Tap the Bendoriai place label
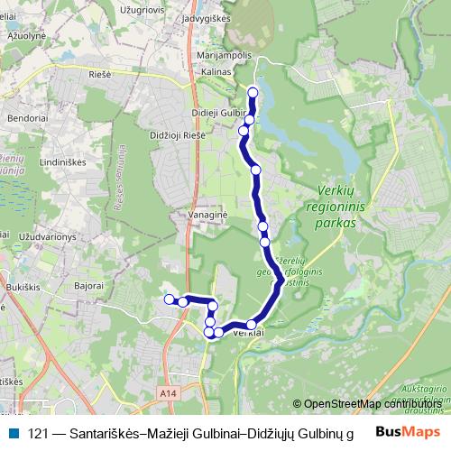pos(24,118)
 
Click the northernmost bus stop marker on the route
pos(253,93)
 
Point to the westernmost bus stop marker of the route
pos(168,299)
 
